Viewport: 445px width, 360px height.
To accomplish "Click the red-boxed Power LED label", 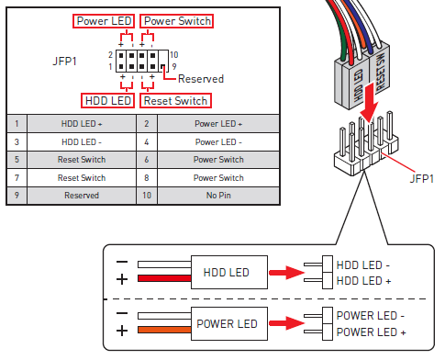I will click(x=104, y=21).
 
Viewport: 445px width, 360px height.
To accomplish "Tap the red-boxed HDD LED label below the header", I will click(x=107, y=100).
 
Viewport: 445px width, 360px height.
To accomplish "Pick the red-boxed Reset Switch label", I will click(x=175, y=100).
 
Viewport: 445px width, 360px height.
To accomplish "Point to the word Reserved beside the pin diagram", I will click(x=200, y=79).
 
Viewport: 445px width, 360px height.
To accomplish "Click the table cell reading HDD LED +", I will click(x=79, y=123).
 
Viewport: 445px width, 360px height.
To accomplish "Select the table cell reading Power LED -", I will click(x=219, y=141).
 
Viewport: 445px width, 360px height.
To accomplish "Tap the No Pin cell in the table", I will click(x=219, y=195).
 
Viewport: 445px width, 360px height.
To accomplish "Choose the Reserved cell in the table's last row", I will click(x=79, y=195).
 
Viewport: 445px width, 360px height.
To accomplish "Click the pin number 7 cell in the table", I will click(x=16, y=177).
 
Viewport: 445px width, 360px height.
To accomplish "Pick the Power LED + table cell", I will click(x=219, y=123).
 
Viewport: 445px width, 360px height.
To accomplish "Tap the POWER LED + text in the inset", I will click(x=371, y=331).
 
